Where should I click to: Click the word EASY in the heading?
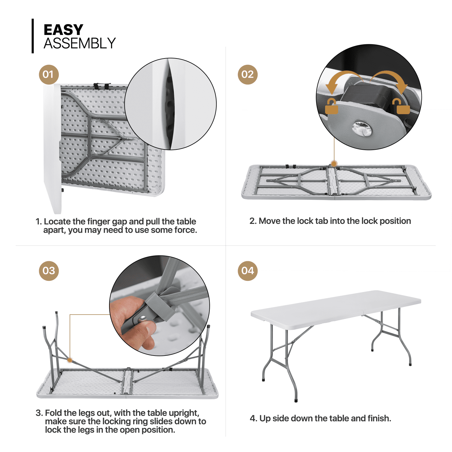[x=63, y=30]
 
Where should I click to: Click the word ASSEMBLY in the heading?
[x=80, y=44]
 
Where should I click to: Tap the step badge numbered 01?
[x=49, y=74]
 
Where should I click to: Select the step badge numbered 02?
[x=247, y=74]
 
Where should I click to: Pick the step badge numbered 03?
[x=49, y=271]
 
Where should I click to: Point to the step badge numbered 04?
[x=247, y=271]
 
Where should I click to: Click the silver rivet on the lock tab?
[x=362, y=129]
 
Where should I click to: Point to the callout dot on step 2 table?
[x=334, y=164]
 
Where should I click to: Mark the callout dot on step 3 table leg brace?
[x=70, y=360]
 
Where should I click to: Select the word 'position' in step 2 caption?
[x=395, y=221]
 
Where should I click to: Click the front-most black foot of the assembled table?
[x=296, y=401]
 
